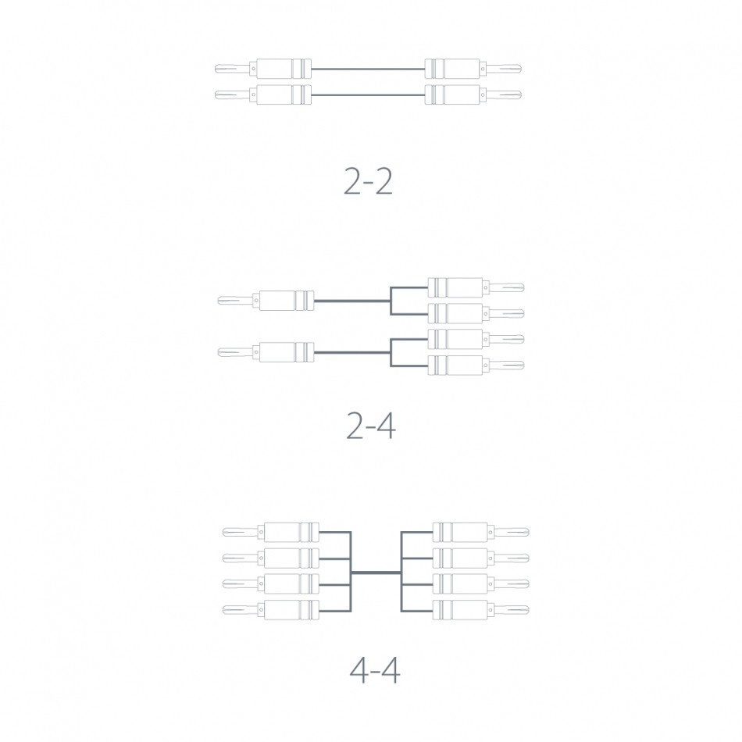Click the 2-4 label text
tap(370, 426)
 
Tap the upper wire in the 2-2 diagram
tap(367, 70)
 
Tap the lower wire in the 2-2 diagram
tap(367, 95)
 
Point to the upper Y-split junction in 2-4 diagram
tap(391, 300)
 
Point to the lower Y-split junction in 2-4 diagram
tap(391, 352)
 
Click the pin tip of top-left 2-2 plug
tap(219, 70)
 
